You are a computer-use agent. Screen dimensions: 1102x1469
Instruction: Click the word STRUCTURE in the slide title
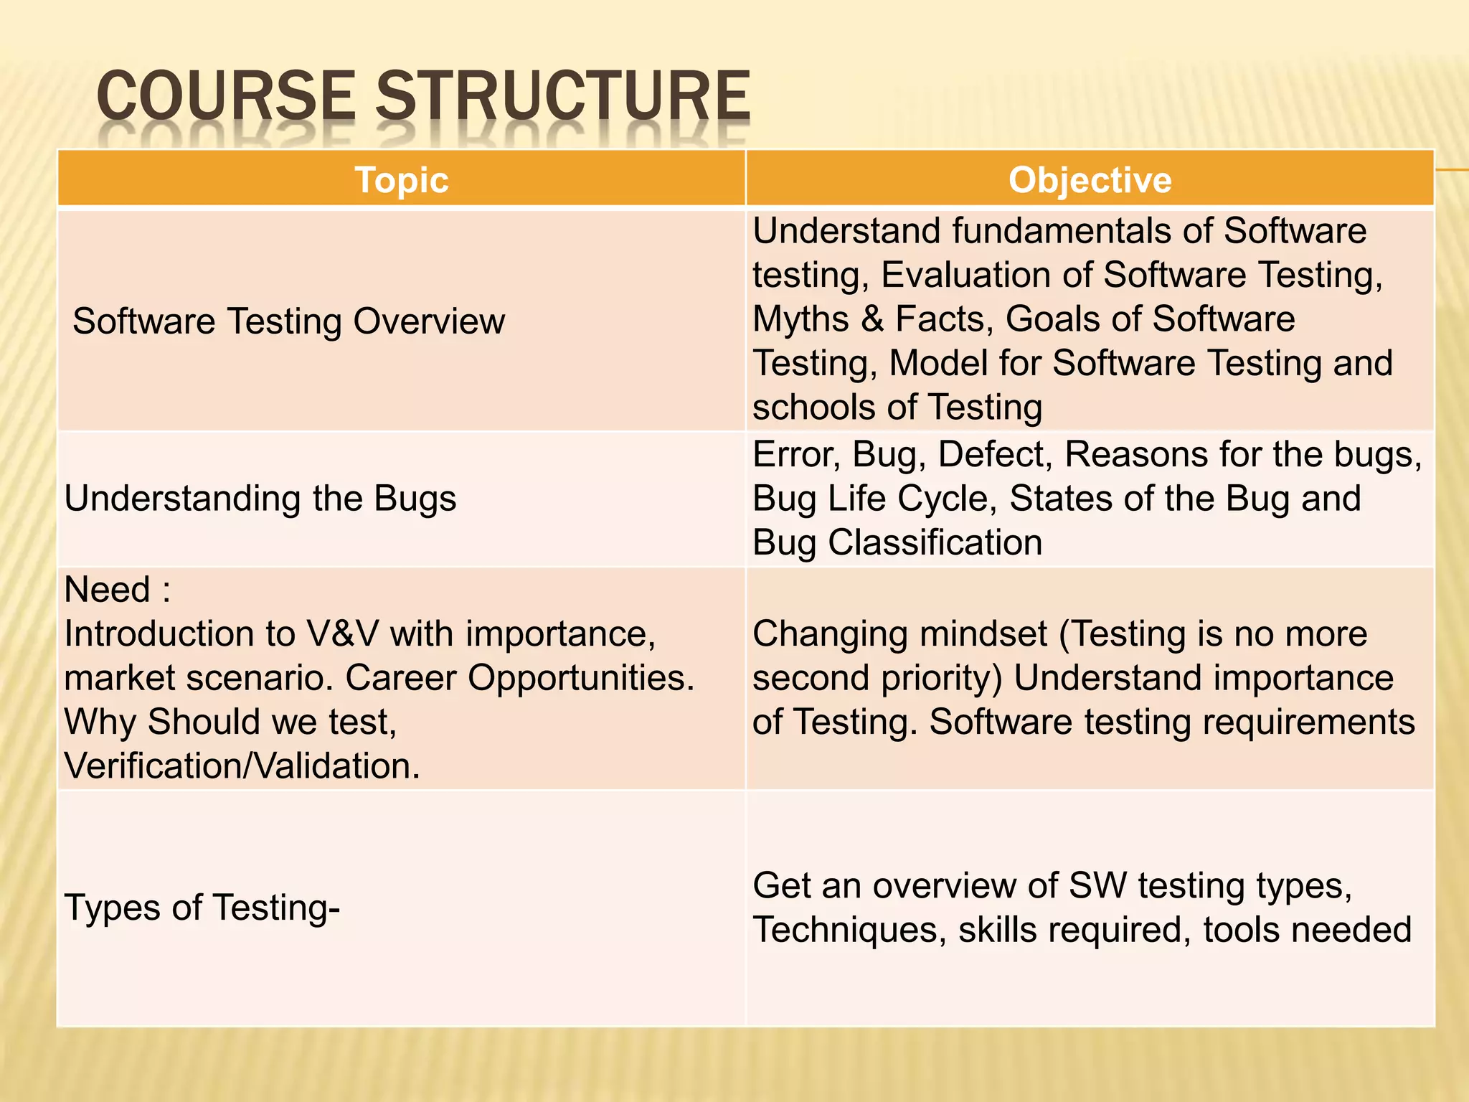(x=563, y=96)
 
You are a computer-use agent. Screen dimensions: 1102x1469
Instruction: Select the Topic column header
(x=402, y=179)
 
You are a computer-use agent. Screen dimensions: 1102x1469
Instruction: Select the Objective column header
(x=1090, y=179)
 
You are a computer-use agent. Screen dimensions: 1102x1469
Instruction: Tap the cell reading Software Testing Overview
(x=288, y=321)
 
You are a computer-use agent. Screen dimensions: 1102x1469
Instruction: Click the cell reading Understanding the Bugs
(x=260, y=499)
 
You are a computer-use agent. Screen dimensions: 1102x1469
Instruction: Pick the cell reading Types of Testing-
(x=202, y=908)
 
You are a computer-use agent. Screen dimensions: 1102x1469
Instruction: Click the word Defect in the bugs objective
(x=994, y=454)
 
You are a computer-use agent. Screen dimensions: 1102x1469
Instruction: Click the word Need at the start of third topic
(x=108, y=590)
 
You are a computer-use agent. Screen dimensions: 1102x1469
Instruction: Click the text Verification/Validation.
(x=242, y=766)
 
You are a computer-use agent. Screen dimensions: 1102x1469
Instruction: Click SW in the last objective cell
(x=1097, y=885)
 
